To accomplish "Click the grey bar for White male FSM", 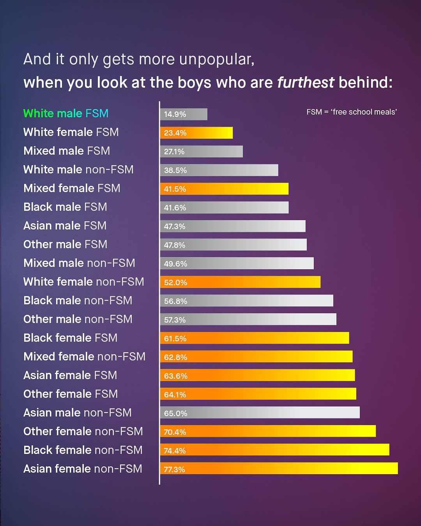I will (184, 114).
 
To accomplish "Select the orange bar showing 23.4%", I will (196, 133).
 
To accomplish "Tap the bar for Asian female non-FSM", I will (279, 469).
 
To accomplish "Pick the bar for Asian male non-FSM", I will (260, 413).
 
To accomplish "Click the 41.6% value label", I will (175, 208).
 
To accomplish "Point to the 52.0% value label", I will (175, 282).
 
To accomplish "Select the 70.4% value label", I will (175, 432).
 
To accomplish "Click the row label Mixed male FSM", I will (67, 151).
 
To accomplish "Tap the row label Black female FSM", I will (70, 338).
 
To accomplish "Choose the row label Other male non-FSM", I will (78, 319).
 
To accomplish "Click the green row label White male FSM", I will (66, 113).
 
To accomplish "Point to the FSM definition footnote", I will (352, 112).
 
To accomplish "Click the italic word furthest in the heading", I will (306, 83).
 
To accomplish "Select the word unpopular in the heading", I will (217, 60).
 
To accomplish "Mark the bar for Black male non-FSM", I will (246, 300).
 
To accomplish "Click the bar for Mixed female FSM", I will (224, 189).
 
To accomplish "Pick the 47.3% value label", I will (175, 226).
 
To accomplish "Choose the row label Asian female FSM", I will (70, 375).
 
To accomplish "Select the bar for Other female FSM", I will (258, 394).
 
